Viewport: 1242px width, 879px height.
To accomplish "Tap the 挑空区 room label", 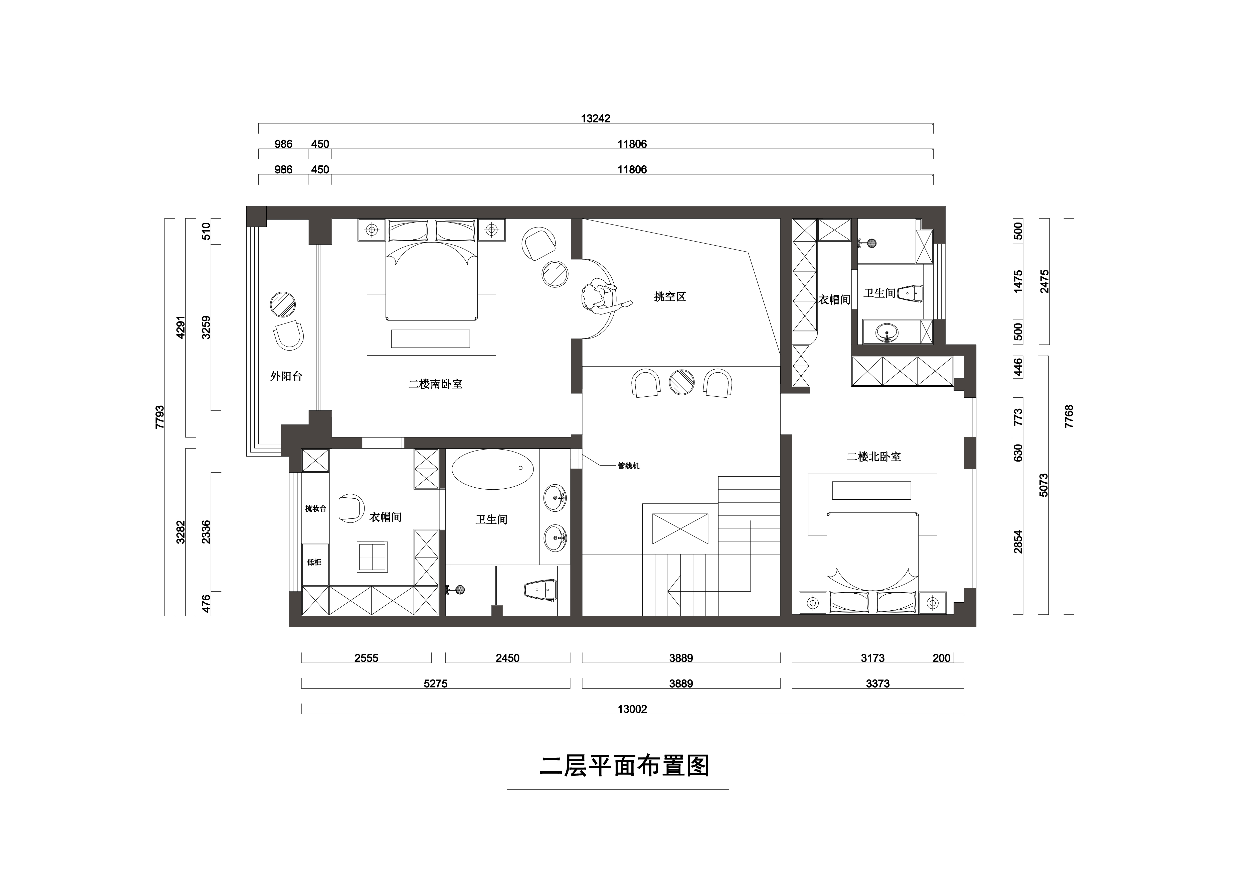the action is (670, 297).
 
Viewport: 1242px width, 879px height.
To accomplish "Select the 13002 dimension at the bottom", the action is (632, 709).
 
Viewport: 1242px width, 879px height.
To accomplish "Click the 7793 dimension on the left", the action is (159, 417).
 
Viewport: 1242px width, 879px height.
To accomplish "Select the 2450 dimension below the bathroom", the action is (507, 658).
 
